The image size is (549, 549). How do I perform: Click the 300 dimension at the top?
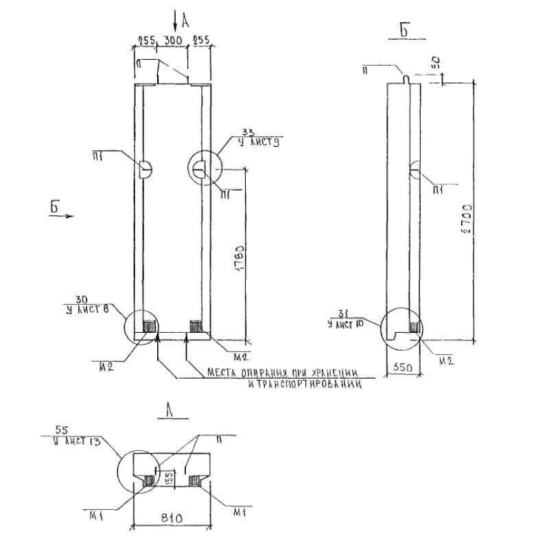[x=173, y=41]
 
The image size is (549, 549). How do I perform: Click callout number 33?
[x=248, y=132]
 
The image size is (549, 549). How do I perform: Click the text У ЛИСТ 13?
[x=78, y=441]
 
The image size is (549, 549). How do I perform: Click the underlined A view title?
[x=169, y=410]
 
